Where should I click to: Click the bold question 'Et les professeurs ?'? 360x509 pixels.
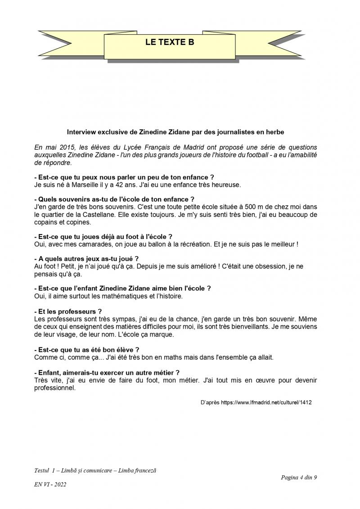click(x=68, y=311)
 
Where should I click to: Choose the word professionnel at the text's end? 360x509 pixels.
click(x=54, y=387)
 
